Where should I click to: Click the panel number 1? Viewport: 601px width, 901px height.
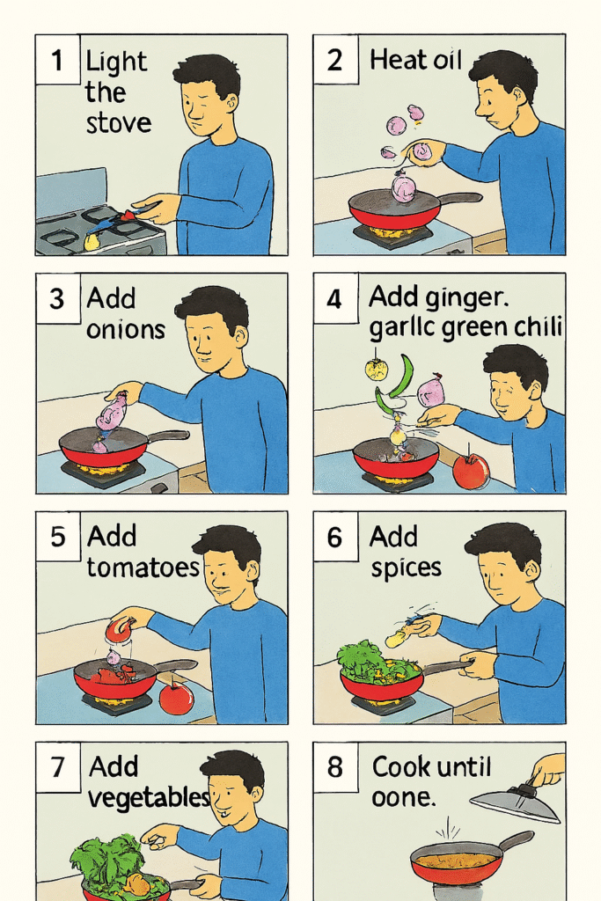[x=56, y=60]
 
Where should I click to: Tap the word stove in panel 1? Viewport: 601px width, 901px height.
[x=119, y=123]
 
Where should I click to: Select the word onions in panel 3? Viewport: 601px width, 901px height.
[x=125, y=330]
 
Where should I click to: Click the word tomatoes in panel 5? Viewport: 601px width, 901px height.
[x=143, y=568]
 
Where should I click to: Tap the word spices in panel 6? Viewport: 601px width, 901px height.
[x=406, y=568]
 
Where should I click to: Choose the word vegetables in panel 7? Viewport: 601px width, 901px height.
[x=149, y=797]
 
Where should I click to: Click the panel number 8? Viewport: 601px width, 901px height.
[x=335, y=767]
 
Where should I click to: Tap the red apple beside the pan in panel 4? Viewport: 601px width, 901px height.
[x=471, y=471]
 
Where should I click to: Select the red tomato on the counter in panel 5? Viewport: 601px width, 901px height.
[x=176, y=697]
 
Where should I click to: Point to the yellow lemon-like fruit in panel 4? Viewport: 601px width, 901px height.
[x=377, y=370]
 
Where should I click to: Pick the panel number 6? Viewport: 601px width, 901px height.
[x=334, y=538]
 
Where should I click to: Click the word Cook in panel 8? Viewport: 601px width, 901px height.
[x=400, y=766]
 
